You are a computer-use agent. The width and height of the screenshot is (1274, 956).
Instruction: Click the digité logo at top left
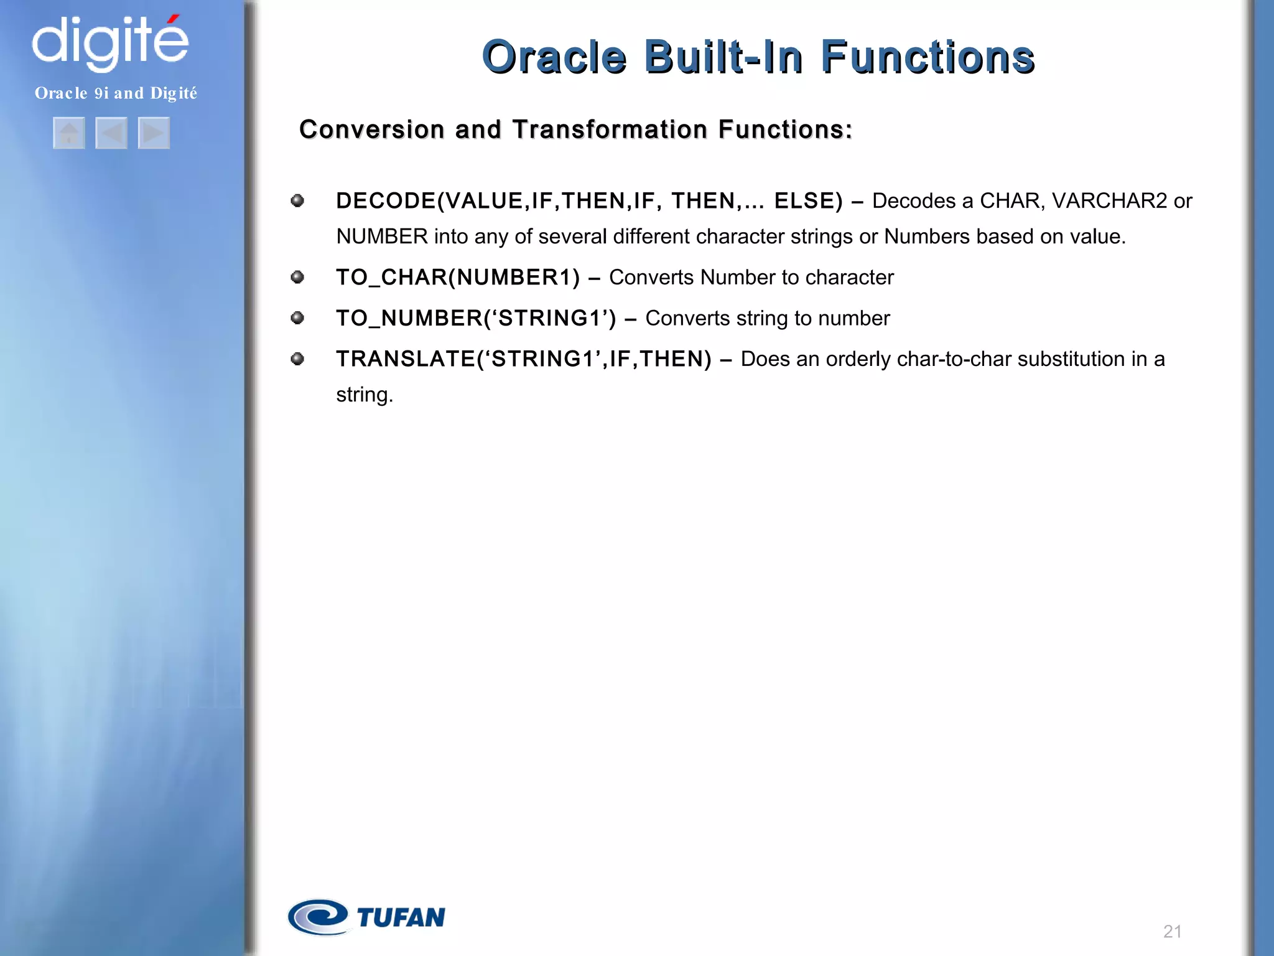pyautogui.click(x=109, y=42)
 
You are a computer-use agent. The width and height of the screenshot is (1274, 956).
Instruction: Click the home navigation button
pyautogui.click(x=69, y=133)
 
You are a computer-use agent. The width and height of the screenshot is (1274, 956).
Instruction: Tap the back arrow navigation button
pyautogui.click(x=111, y=133)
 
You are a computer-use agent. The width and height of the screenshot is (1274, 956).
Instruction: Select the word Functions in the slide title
pyautogui.click(x=927, y=57)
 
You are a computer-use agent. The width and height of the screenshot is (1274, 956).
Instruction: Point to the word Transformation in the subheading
pyautogui.click(x=610, y=129)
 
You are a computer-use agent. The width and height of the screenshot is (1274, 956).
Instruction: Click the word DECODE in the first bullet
pyautogui.click(x=386, y=201)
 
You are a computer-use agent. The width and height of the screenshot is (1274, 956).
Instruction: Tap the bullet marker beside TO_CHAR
pyautogui.click(x=297, y=277)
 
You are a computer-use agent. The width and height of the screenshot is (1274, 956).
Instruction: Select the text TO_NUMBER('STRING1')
pyautogui.click(x=476, y=318)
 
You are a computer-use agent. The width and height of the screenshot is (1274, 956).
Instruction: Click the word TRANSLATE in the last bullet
pyautogui.click(x=406, y=359)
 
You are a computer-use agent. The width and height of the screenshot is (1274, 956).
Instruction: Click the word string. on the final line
pyautogui.click(x=365, y=395)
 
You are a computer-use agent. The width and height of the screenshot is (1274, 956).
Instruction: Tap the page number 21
pyautogui.click(x=1172, y=931)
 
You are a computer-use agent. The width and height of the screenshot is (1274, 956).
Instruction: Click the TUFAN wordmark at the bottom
pyautogui.click(x=401, y=917)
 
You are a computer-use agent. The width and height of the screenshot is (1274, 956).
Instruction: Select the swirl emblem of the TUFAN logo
pyautogui.click(x=318, y=917)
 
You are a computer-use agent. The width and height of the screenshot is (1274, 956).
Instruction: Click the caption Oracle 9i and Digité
pyautogui.click(x=116, y=93)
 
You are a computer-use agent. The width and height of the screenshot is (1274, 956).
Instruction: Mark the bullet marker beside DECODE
pyautogui.click(x=297, y=200)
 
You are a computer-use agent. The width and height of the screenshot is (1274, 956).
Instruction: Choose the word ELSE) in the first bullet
pyautogui.click(x=808, y=201)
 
